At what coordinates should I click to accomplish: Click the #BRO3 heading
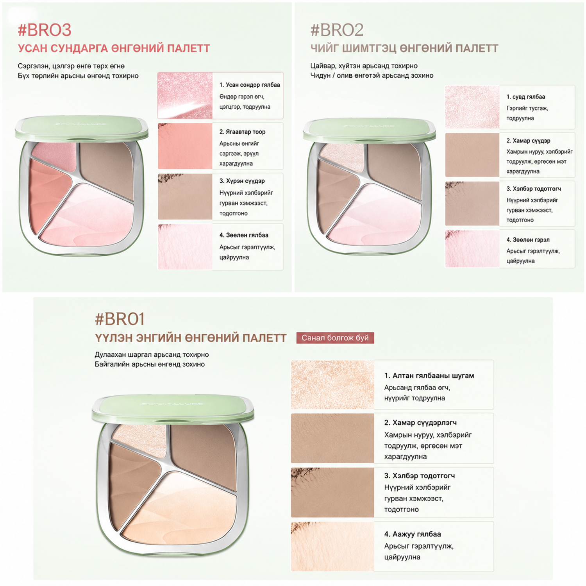pyautogui.click(x=45, y=30)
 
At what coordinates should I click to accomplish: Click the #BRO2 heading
pyautogui.click(x=337, y=30)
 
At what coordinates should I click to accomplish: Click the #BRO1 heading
pyautogui.click(x=120, y=319)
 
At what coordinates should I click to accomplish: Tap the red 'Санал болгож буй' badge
pyautogui.click(x=335, y=338)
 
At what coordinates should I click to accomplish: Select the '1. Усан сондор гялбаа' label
pyautogui.click(x=250, y=85)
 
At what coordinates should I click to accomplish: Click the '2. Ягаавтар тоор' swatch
pyautogui.click(x=185, y=146)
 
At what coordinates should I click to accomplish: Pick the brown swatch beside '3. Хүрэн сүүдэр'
pyautogui.click(x=185, y=197)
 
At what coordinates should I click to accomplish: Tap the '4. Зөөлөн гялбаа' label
pyautogui.click(x=244, y=235)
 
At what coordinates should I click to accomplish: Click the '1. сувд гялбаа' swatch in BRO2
pyautogui.click(x=472, y=107)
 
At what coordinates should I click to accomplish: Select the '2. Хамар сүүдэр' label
pyautogui.click(x=528, y=141)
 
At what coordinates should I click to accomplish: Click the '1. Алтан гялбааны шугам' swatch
pyautogui.click(x=332, y=385)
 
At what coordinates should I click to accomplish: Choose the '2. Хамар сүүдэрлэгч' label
pyautogui.click(x=420, y=423)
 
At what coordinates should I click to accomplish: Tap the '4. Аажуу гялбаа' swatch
pyautogui.click(x=332, y=547)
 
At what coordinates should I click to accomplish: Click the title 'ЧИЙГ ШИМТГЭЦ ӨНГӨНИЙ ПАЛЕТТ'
pyautogui.click(x=404, y=48)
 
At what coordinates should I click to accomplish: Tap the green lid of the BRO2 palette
pyautogui.click(x=369, y=130)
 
